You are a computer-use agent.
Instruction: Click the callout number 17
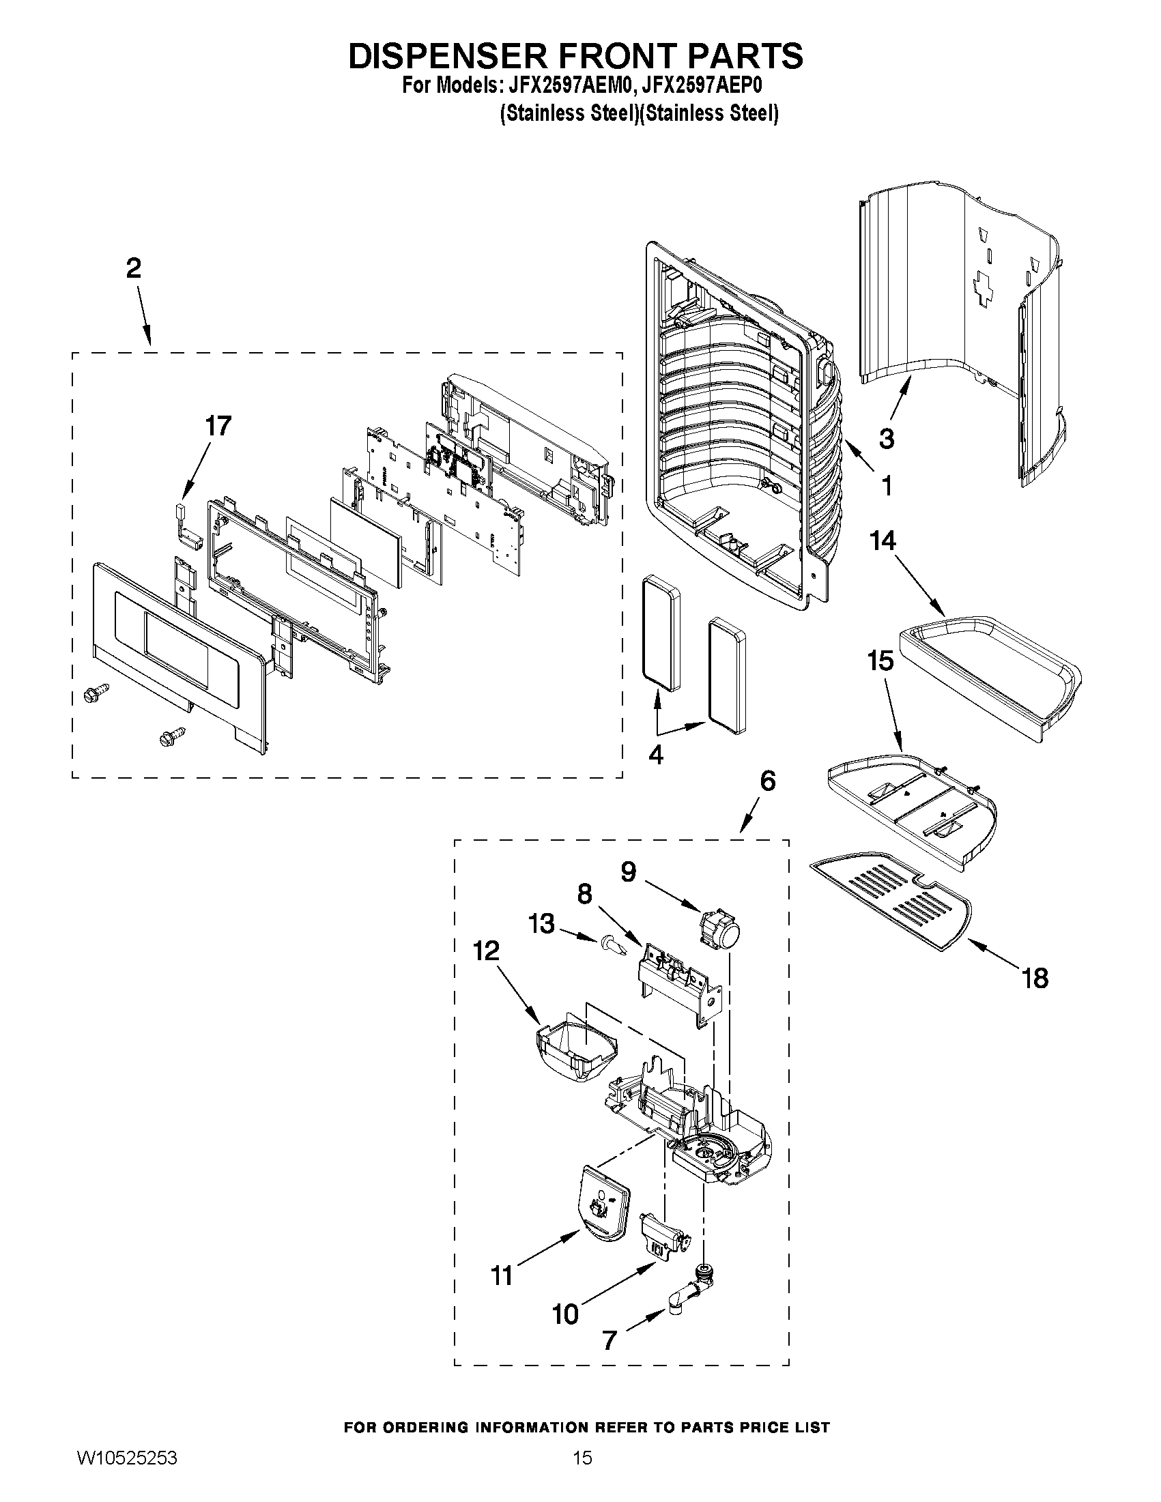218,426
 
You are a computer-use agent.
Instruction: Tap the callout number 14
883,540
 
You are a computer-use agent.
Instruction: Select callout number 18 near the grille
1035,978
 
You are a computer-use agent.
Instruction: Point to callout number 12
485,951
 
